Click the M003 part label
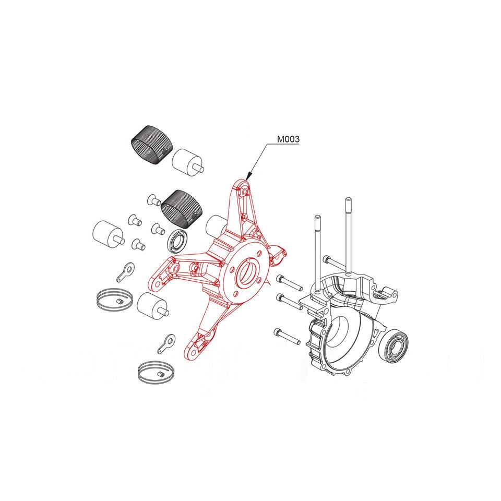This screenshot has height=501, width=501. (288, 139)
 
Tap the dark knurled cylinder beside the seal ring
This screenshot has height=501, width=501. (182, 209)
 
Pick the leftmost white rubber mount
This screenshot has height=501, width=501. (108, 234)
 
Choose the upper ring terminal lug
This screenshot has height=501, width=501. (125, 271)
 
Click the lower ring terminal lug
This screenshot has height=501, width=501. (166, 343)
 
